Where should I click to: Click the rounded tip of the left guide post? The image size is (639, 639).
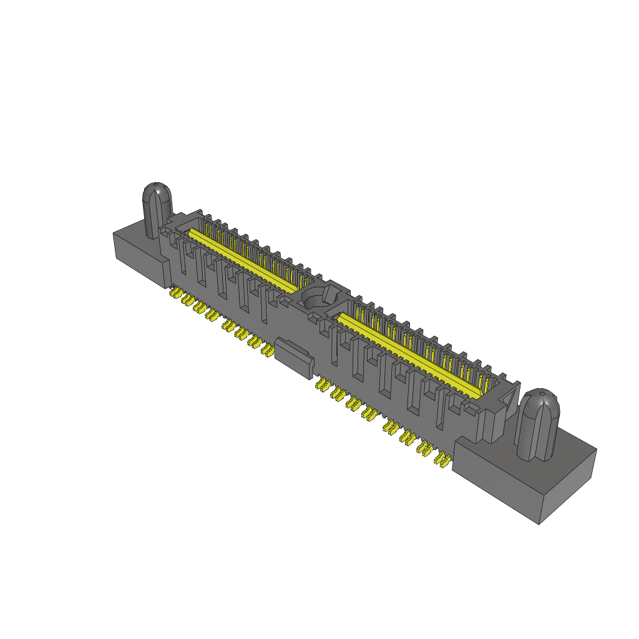click(156, 188)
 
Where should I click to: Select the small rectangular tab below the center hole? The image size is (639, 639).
click(293, 358)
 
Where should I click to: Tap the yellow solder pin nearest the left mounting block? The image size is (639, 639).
click(175, 292)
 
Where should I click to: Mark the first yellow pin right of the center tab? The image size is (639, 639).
click(322, 383)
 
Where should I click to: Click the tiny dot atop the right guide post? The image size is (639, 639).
click(542, 393)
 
